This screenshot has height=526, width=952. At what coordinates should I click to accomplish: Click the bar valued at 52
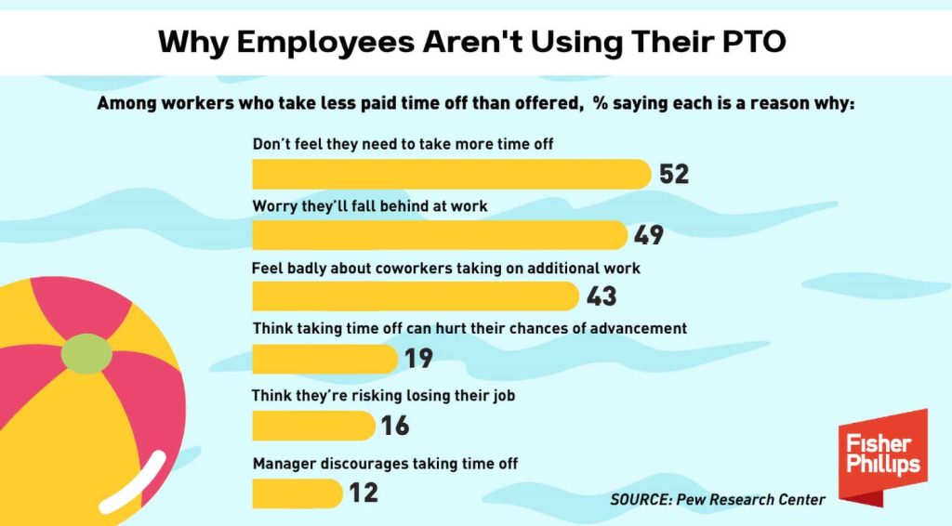coord(451,174)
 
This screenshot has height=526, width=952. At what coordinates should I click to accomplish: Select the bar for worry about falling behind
coord(439,235)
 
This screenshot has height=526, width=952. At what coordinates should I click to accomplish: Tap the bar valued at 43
coord(415,296)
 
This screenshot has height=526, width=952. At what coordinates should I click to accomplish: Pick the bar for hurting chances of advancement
coord(324,358)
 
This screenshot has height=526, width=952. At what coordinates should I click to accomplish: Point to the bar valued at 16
coord(312,426)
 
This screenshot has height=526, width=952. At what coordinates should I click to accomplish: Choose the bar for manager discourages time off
coord(297,493)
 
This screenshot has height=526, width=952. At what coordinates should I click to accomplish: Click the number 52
coord(674,175)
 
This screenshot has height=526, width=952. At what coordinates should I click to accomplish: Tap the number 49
coord(649,235)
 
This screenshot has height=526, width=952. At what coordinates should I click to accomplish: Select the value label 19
coord(418,359)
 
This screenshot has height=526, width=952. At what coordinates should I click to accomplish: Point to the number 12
coord(364,493)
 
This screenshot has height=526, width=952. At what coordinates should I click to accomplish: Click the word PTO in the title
coord(753,43)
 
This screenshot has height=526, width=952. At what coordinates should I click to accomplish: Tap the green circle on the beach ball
coord(86,353)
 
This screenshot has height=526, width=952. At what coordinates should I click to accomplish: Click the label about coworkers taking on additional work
coord(446,269)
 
